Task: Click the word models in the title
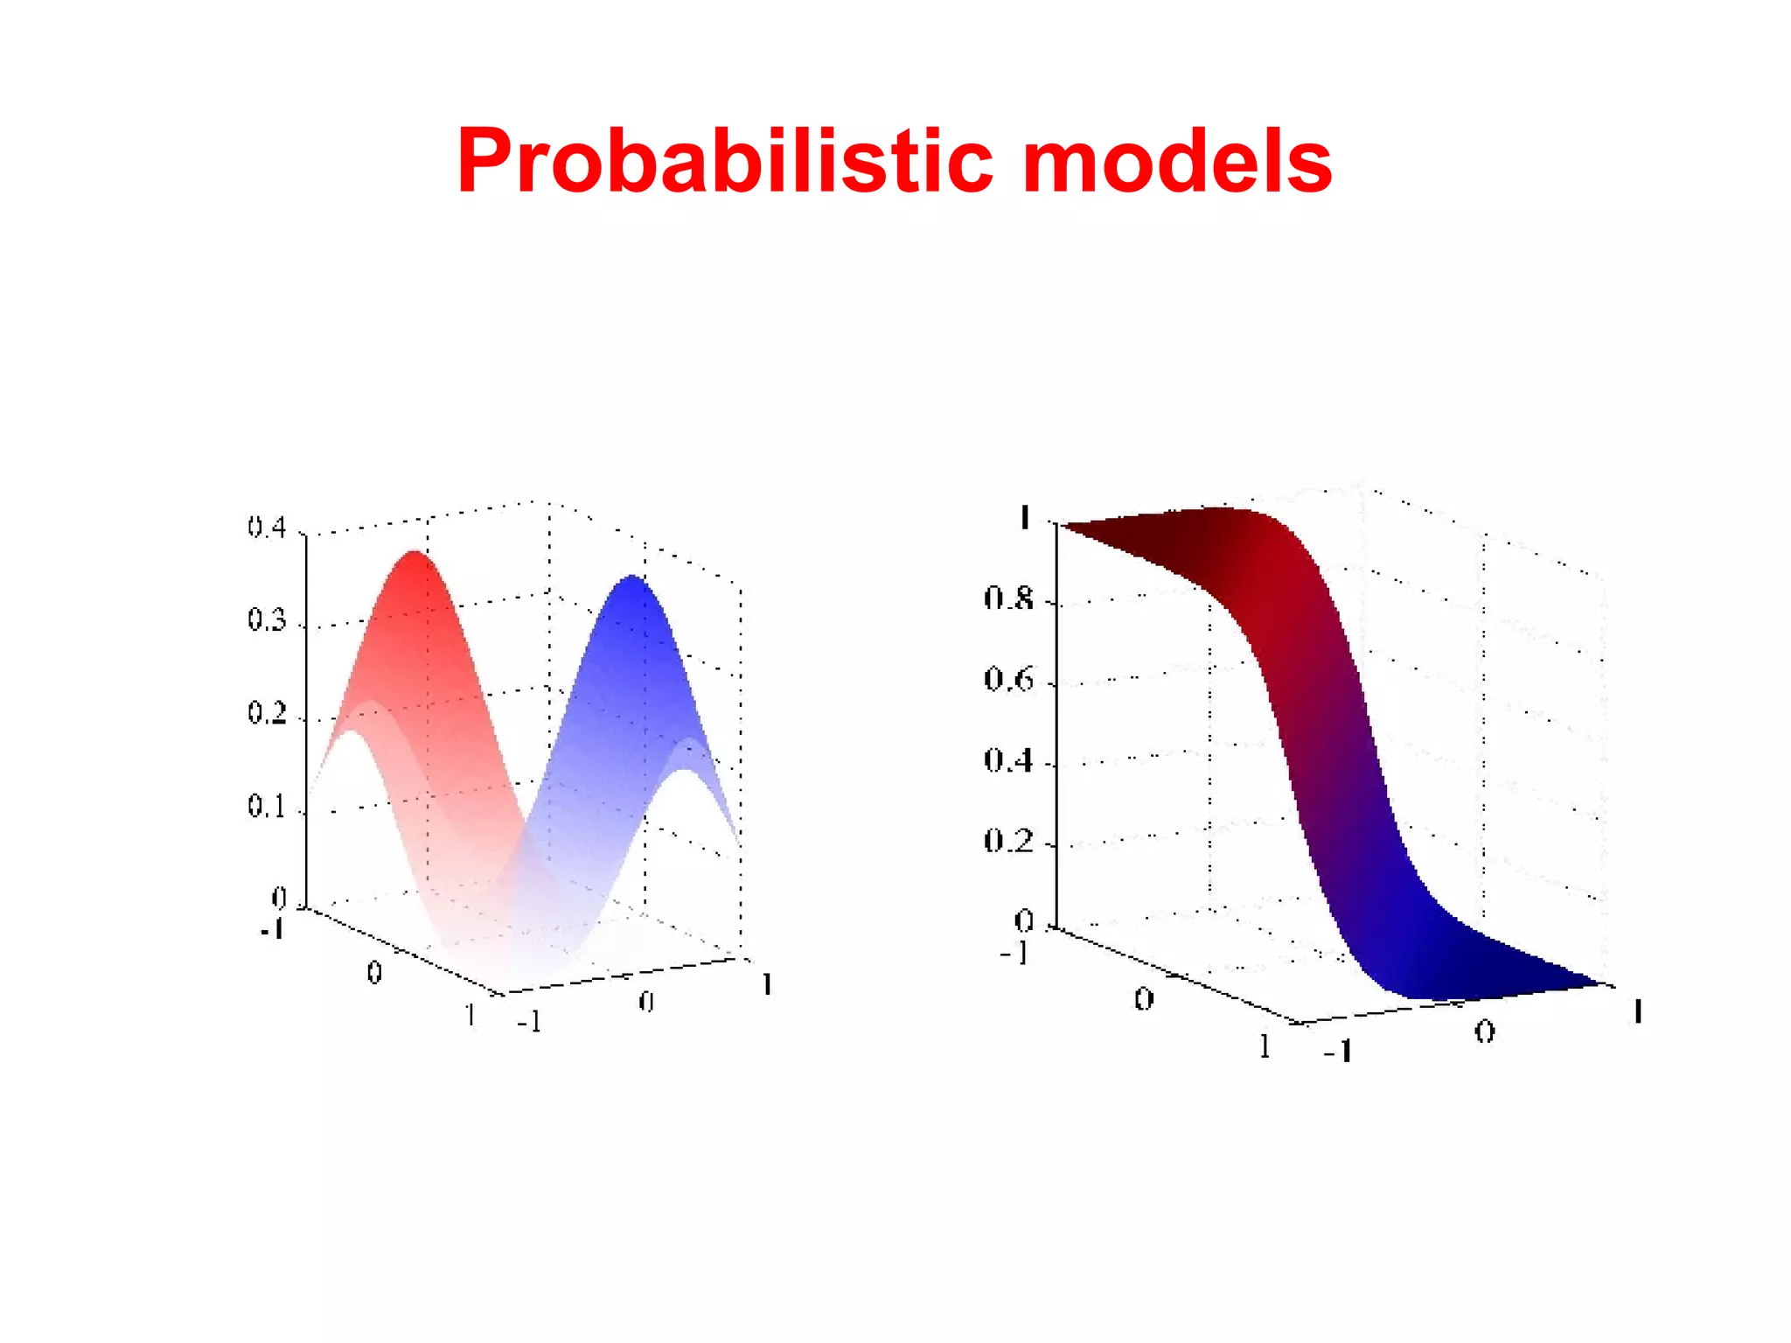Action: [1176, 162]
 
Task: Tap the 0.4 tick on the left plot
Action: [267, 528]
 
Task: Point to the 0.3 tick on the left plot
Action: [267, 620]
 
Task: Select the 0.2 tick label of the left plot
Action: [267, 713]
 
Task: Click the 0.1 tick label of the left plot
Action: [267, 806]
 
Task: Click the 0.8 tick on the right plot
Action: [1008, 599]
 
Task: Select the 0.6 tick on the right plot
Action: [1008, 680]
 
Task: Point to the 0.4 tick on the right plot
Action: [1008, 760]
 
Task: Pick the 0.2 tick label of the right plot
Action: [1008, 841]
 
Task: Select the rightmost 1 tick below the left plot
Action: [767, 985]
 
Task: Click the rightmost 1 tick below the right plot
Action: [1637, 1013]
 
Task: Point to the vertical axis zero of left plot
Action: [279, 898]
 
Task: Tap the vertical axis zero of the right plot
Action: [1023, 920]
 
